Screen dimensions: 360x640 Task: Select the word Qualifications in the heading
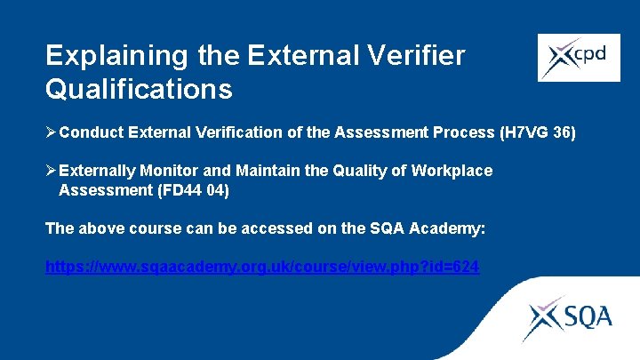tap(139, 89)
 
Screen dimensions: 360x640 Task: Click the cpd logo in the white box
tap(579, 58)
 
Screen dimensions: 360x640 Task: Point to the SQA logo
tap(567, 316)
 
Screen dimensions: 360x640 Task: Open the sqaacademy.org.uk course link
tap(262, 266)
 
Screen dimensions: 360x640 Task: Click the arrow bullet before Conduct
tap(52, 133)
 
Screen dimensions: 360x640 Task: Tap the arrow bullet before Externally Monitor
tap(52, 171)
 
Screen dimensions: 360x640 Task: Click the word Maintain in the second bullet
tap(263, 171)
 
